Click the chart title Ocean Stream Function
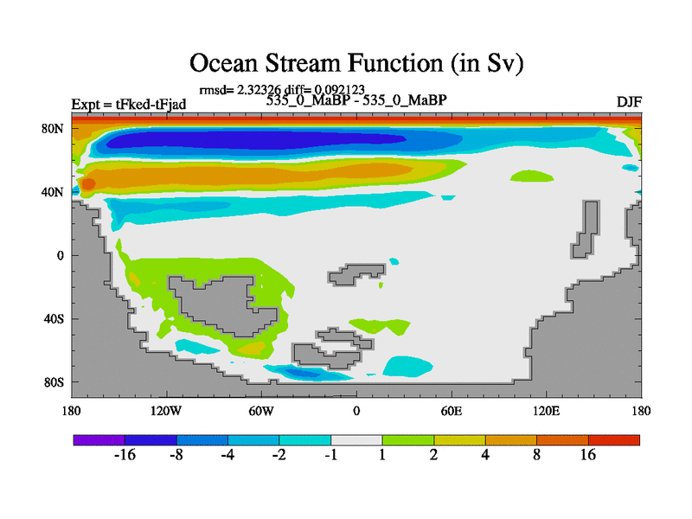tap(356, 62)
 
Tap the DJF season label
tap(629, 102)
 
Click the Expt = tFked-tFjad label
tap(128, 105)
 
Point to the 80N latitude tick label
tap(53, 129)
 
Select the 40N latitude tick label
tap(53, 192)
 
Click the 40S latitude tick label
tap(54, 318)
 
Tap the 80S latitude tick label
tap(54, 382)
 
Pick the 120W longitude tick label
tap(166, 412)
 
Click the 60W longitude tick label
tap(261, 412)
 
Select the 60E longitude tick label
tap(452, 412)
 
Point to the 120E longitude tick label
tap(547, 412)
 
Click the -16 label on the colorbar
tap(125, 455)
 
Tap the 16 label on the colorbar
tap(588, 455)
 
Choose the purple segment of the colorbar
tap(99, 440)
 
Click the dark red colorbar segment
tap(614, 440)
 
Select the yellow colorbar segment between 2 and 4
tap(459, 440)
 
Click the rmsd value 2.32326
tap(259, 90)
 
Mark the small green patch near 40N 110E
tap(532, 176)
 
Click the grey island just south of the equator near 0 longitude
tap(356, 275)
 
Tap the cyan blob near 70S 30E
tap(407, 366)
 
